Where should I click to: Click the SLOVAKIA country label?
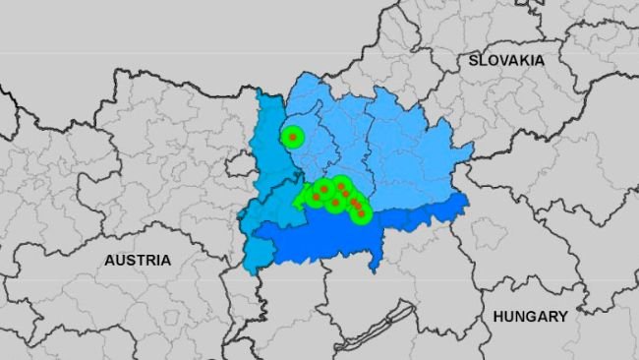pyautogui.click(x=506, y=60)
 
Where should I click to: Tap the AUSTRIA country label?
pyautogui.click(x=138, y=261)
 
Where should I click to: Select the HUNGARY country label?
pyautogui.click(x=530, y=317)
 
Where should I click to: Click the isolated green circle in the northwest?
pyautogui.click(x=293, y=137)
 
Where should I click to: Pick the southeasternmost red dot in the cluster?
pyautogui.click(x=362, y=212)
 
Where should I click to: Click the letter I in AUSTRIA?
pyautogui.click(x=160, y=261)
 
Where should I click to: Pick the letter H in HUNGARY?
pyautogui.click(x=498, y=317)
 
